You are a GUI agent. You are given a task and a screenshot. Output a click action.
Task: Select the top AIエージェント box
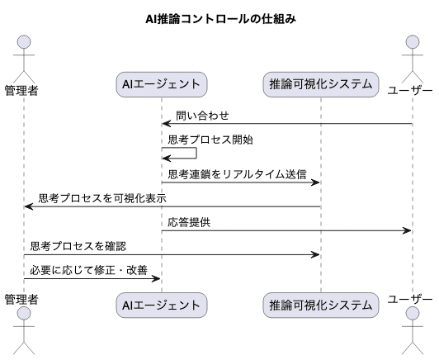click(x=161, y=84)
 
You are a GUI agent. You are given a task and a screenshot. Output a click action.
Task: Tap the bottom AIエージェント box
click(x=161, y=306)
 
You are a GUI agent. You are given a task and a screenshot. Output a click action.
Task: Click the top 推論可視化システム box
click(x=321, y=84)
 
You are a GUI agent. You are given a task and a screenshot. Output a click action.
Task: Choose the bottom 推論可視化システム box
click(x=321, y=306)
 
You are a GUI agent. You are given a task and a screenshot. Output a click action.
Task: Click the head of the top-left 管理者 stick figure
click(x=24, y=42)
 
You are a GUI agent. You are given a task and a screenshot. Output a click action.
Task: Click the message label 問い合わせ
click(x=202, y=116)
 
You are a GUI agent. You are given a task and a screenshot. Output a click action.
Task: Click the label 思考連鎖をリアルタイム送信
click(x=237, y=174)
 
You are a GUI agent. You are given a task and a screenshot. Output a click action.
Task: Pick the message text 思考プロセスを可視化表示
click(x=101, y=198)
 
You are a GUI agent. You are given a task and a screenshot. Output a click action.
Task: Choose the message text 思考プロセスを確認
click(x=78, y=246)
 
